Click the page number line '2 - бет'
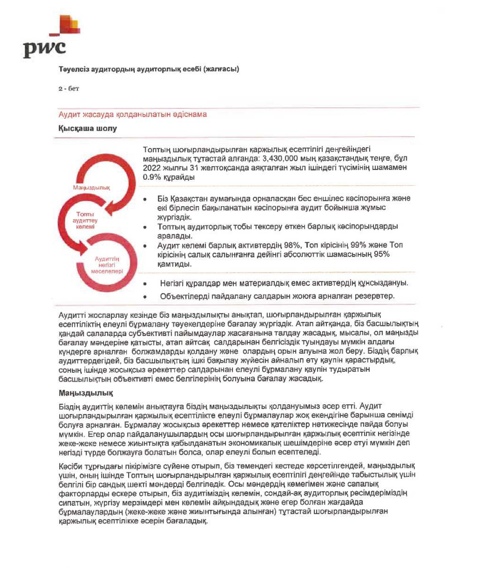coord(69,89)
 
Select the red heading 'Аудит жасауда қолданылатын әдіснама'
coord(133,114)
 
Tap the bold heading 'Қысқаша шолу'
coord(87,129)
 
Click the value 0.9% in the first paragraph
coord(151,177)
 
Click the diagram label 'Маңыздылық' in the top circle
coord(91,188)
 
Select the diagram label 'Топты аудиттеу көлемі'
coord(85,220)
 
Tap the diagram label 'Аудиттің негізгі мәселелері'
coord(107,265)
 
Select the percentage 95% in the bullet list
coord(382,254)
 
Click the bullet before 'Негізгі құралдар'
coord(145,284)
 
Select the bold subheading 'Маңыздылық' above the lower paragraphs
coord(86,393)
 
